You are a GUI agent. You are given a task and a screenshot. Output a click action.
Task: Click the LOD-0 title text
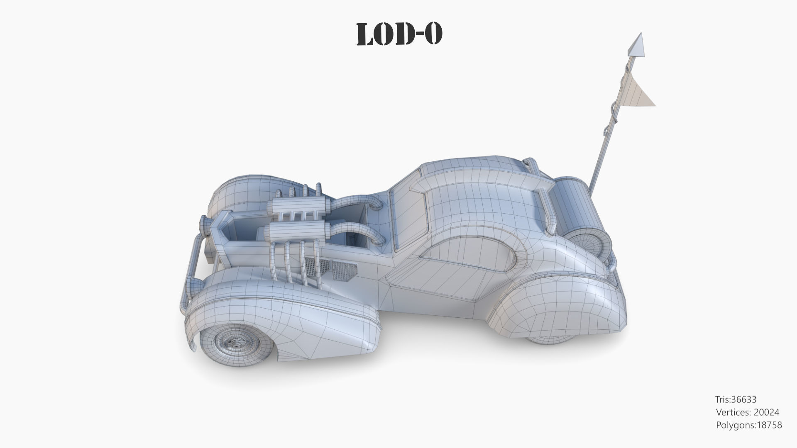(x=399, y=34)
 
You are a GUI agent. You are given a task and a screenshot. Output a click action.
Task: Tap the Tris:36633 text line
(x=736, y=399)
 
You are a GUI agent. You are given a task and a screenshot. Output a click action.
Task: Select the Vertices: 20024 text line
(x=747, y=412)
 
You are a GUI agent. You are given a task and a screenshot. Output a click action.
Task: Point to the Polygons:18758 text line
(x=748, y=425)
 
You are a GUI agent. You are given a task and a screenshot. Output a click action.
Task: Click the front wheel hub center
(x=236, y=343)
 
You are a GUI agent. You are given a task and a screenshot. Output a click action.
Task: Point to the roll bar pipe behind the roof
(x=546, y=195)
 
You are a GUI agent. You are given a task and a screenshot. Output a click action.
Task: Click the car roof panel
(x=482, y=191)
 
